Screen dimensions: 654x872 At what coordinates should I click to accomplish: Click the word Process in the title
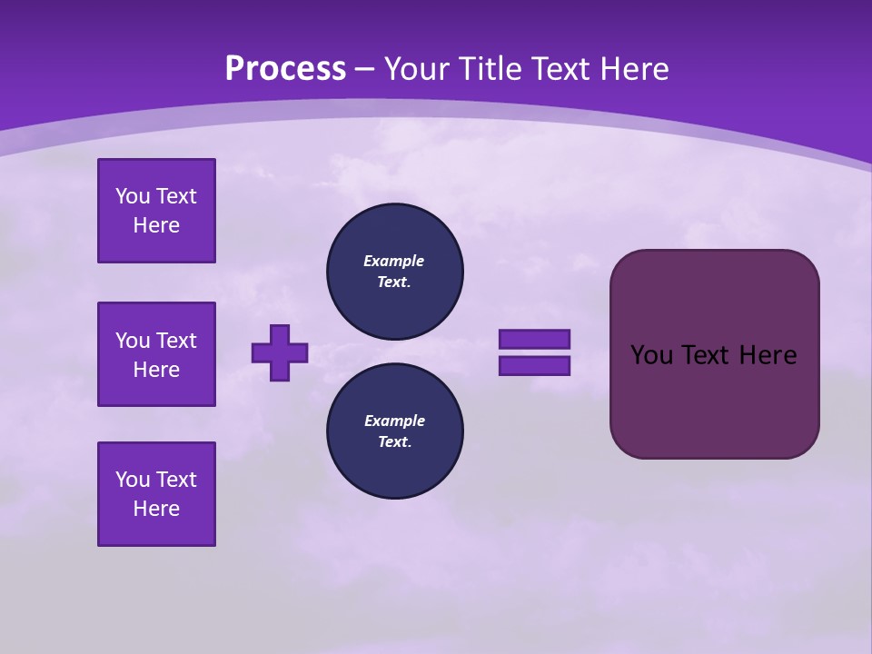285,69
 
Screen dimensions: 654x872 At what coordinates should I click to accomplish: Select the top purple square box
156,211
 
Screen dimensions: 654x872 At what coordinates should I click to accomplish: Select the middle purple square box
156,354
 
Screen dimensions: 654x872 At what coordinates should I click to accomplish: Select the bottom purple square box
156,494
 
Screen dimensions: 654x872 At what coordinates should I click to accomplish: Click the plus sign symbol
280,353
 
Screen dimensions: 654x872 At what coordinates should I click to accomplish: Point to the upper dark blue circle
394,271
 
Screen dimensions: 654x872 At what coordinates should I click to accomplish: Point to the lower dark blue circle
394,431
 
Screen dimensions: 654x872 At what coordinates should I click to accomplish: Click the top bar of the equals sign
534,340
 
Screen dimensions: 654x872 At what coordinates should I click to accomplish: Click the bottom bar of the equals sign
534,366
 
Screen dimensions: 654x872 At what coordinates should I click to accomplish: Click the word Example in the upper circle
394,261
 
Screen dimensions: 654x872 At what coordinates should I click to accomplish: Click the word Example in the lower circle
394,421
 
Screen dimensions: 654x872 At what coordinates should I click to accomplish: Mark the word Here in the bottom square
156,509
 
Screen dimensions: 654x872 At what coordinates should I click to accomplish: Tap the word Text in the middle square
175,341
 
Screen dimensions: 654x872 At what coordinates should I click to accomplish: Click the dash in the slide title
364,69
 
